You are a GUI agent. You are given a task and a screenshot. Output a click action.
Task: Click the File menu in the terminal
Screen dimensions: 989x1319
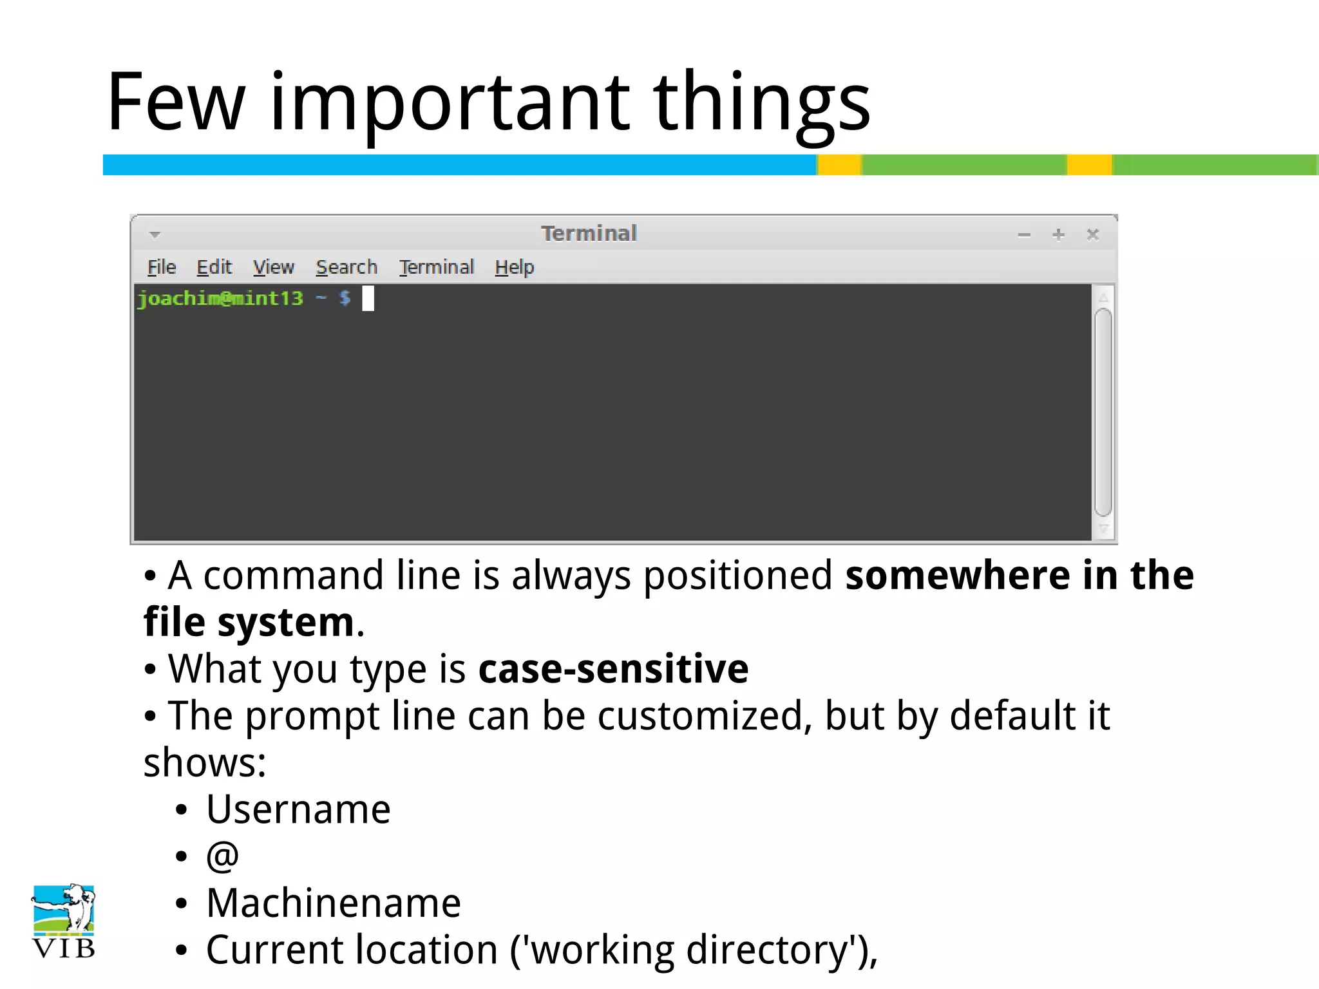[x=162, y=267]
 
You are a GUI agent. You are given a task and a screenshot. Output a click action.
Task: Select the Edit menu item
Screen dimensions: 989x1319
[x=214, y=267]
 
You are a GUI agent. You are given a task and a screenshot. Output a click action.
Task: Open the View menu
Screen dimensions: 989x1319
[x=273, y=267]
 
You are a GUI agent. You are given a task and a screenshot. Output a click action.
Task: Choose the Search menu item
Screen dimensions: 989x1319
[x=346, y=267]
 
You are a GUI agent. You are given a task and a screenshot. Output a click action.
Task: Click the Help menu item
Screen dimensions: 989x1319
[x=514, y=267]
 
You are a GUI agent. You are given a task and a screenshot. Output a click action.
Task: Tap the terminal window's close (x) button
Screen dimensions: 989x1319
[x=1092, y=234]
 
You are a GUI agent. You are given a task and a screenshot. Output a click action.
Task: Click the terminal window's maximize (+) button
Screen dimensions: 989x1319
[x=1058, y=234]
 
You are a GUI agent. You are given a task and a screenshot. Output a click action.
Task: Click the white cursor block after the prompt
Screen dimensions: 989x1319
[x=368, y=299]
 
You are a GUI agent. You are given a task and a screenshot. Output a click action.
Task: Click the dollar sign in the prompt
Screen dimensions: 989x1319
[x=345, y=298]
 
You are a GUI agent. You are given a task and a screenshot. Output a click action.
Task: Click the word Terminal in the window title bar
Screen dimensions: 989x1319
[x=589, y=233]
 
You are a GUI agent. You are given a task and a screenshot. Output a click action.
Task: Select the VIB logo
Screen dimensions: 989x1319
[x=63, y=921]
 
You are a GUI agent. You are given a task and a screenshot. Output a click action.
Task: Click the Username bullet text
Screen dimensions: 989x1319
[x=298, y=809]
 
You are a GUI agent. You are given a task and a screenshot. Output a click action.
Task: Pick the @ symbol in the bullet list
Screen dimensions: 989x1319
[x=222, y=856]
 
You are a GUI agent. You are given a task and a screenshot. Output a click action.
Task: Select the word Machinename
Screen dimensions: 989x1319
[x=334, y=903]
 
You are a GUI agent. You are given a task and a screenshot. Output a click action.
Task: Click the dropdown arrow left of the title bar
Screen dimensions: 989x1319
[x=155, y=235]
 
